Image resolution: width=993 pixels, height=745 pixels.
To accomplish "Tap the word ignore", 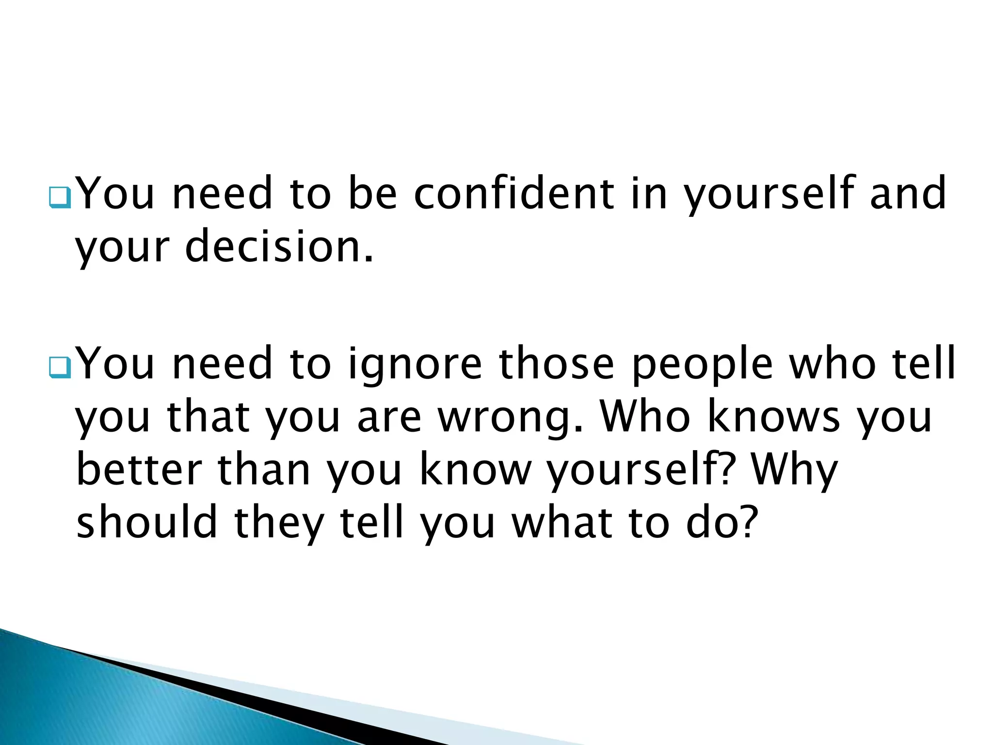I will (x=415, y=364).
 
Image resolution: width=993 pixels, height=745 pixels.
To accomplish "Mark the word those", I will (x=557, y=364).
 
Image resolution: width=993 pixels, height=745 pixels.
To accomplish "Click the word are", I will (x=389, y=418).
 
